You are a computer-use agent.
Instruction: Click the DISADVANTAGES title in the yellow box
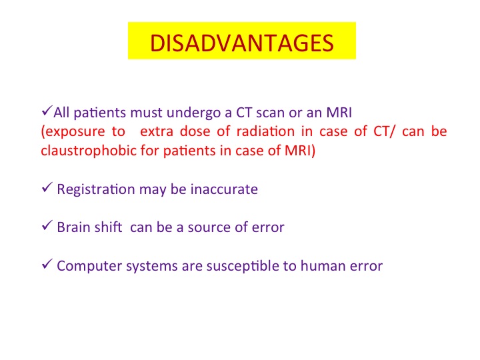click(242, 43)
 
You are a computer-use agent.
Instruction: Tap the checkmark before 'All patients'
click(47, 111)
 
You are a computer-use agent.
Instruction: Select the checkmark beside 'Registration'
click(47, 187)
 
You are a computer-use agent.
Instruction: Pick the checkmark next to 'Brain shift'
click(47, 225)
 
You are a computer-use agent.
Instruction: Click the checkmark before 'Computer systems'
click(47, 263)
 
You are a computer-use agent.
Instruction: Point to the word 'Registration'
click(96, 190)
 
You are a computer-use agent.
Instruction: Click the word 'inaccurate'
click(224, 189)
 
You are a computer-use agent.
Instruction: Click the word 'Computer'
click(89, 266)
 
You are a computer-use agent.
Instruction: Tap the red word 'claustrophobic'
click(89, 151)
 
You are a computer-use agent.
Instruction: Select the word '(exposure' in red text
click(73, 132)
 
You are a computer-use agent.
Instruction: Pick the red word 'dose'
click(195, 131)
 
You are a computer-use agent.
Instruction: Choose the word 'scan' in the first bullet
click(270, 113)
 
